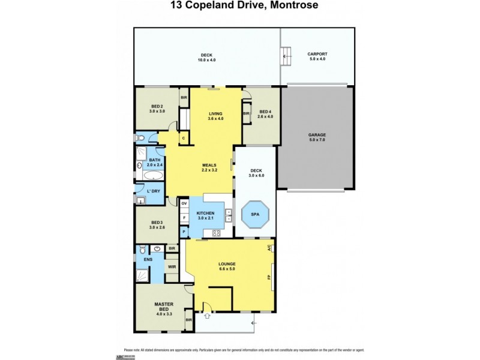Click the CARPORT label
tap(318, 54)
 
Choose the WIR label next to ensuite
tap(172, 266)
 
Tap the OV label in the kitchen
tap(185, 204)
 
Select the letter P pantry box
tap(184, 231)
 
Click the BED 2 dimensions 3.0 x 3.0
tap(158, 112)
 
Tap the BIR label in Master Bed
tap(188, 320)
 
